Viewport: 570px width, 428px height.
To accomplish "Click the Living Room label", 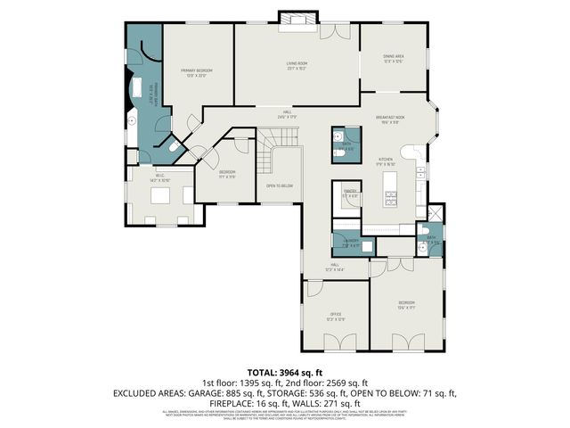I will pos(297,64).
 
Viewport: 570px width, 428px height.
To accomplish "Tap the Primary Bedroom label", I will pos(196,71).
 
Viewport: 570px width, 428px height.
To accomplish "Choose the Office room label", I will pos(335,315).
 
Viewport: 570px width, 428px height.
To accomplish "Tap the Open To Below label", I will pos(280,185).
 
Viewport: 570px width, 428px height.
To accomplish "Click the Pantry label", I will pos(349,190).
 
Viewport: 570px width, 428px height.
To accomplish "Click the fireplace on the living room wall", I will pos(291,19).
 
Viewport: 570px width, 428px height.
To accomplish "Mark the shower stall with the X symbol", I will pos(435,215).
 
